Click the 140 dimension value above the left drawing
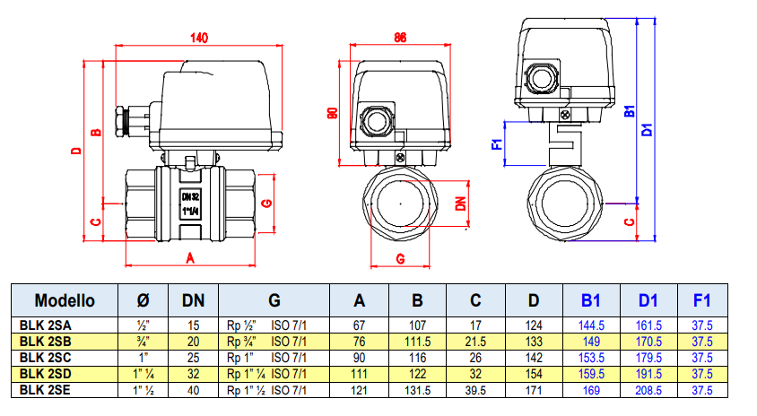click(x=198, y=37)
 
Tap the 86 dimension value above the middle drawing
click(x=400, y=37)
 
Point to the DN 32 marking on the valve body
click(x=190, y=196)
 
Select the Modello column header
click(x=64, y=300)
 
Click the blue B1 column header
click(x=589, y=300)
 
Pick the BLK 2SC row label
click(x=45, y=357)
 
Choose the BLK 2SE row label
click(x=45, y=389)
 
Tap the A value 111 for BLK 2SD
click(x=359, y=373)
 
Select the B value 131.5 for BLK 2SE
click(x=417, y=389)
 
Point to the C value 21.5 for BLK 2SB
click(x=475, y=341)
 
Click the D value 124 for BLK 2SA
click(x=534, y=325)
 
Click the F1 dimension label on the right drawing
click(x=497, y=143)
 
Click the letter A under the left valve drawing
click(x=189, y=257)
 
